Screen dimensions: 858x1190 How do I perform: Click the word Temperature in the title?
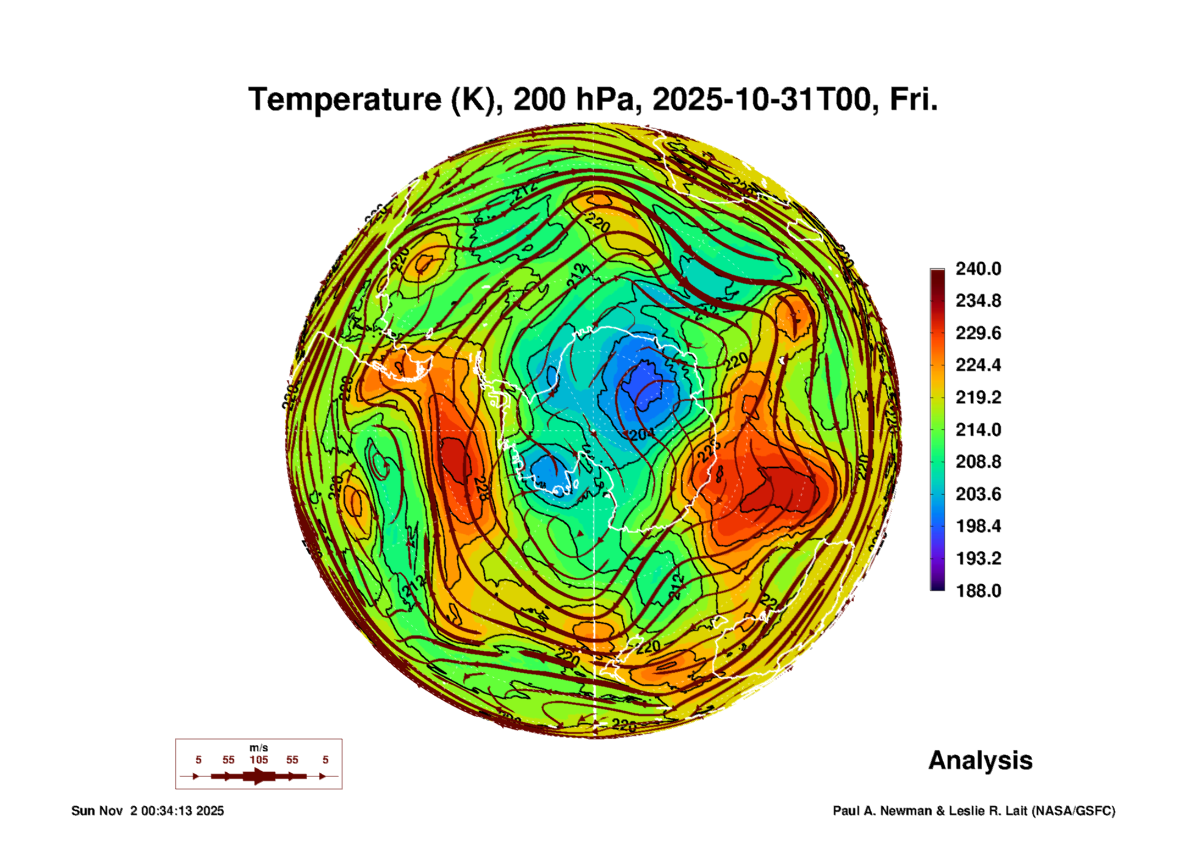coord(345,99)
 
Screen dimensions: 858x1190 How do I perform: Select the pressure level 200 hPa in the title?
coord(576,99)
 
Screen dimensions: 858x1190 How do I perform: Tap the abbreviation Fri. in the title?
coord(913,99)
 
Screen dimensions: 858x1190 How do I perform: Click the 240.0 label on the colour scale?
coord(978,269)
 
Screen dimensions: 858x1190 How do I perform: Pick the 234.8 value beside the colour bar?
coord(978,301)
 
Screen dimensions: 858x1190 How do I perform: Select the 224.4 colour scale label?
coord(978,365)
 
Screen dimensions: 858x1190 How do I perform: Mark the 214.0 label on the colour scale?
coord(978,429)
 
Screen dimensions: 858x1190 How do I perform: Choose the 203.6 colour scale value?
coord(978,494)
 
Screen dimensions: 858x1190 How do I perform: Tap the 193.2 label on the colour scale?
coord(978,558)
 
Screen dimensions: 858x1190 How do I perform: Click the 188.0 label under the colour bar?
coord(978,591)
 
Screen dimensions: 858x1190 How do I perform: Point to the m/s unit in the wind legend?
coord(258,748)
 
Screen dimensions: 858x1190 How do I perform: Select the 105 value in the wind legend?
coord(258,760)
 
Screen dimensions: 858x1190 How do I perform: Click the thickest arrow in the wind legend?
coord(258,776)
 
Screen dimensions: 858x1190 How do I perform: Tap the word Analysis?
coord(980,760)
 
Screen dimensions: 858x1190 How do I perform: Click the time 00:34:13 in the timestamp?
coord(167,811)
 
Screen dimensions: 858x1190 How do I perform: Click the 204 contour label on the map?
coord(641,435)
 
